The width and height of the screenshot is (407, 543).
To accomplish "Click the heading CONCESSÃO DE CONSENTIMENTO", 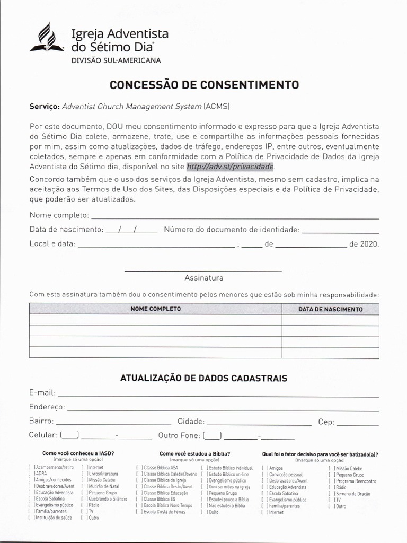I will (x=204, y=85).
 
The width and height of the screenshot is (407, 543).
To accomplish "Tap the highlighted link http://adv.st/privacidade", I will (x=231, y=167).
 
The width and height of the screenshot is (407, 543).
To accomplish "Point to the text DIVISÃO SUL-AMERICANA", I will (x=116, y=60).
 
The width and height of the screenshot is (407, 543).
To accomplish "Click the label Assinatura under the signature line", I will (x=203, y=278).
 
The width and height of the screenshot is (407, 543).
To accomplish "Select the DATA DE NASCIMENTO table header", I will (x=330, y=309).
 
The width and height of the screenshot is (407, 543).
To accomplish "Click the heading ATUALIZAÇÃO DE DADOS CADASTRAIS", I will (x=203, y=379).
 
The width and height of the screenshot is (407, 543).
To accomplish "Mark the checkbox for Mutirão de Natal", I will (x=83, y=486).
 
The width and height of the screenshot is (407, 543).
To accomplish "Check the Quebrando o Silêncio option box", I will (x=83, y=499).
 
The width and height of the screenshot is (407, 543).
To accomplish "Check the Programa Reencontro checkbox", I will (x=332, y=481).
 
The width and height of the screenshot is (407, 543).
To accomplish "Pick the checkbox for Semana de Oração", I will (x=332, y=494).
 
